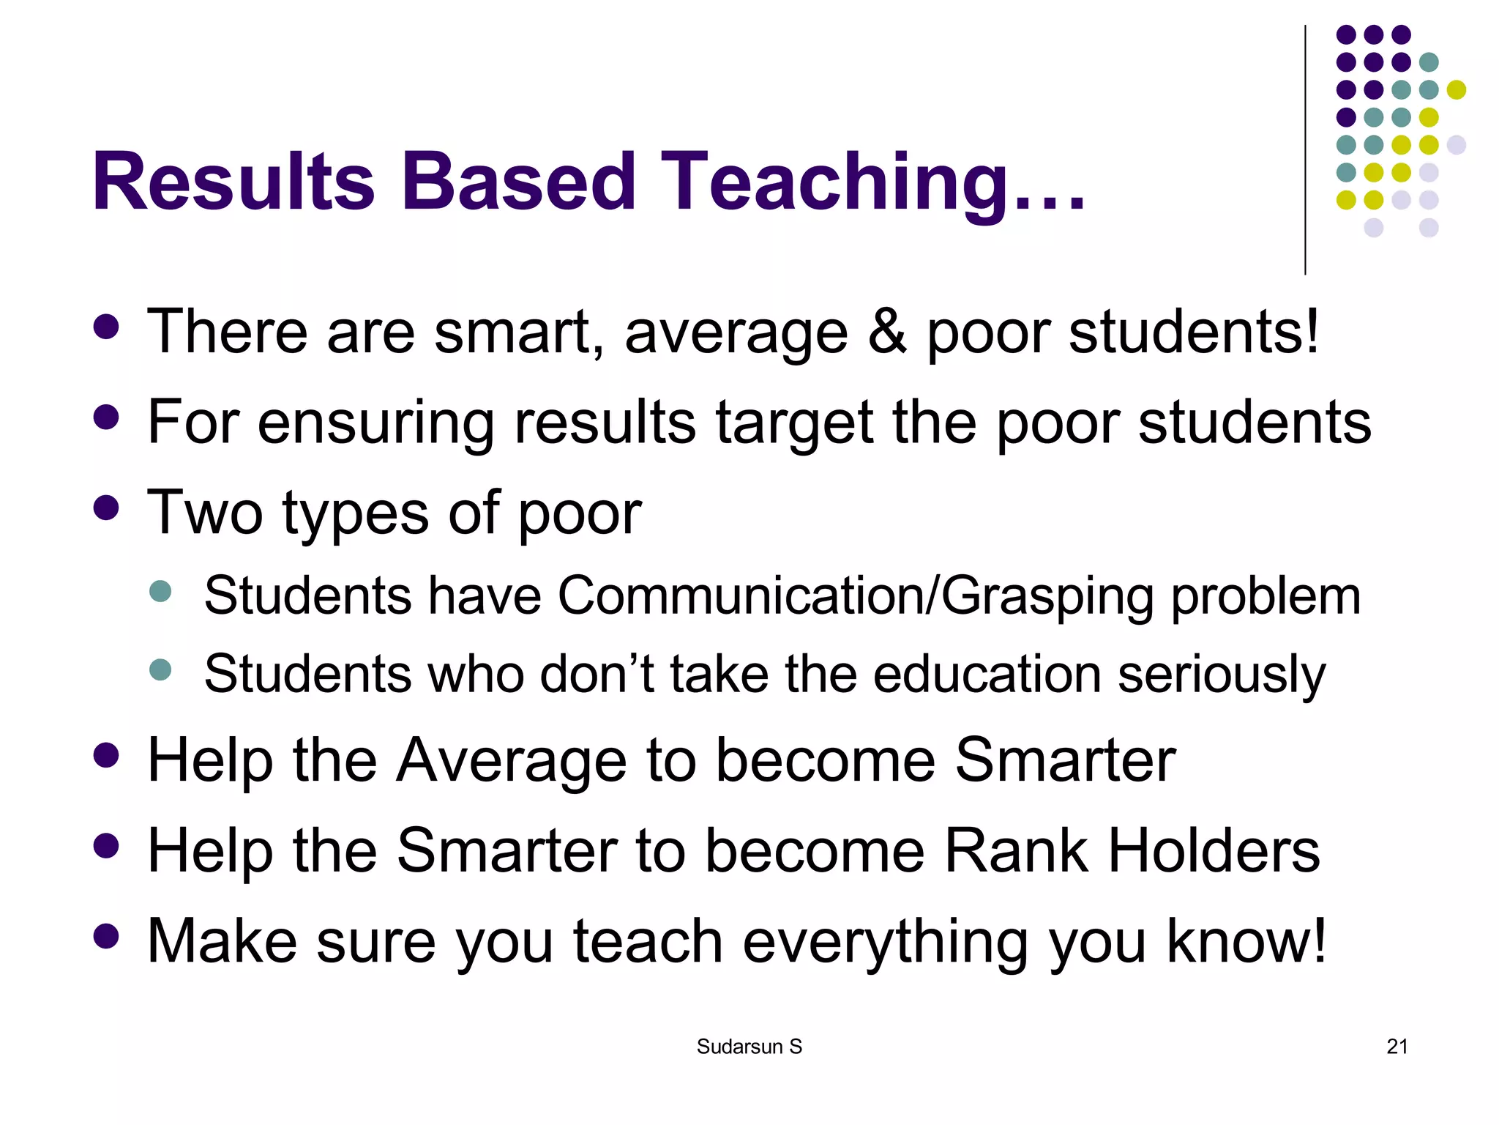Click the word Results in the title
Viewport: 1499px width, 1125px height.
pos(233,181)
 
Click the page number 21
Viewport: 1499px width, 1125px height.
pos(1397,1047)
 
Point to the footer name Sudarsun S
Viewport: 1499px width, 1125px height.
pos(749,1047)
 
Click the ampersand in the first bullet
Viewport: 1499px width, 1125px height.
pos(887,332)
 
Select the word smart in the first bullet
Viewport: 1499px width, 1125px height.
pos(518,332)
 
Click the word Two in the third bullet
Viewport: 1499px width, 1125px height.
pos(205,512)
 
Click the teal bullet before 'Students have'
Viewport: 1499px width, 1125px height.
pos(160,591)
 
